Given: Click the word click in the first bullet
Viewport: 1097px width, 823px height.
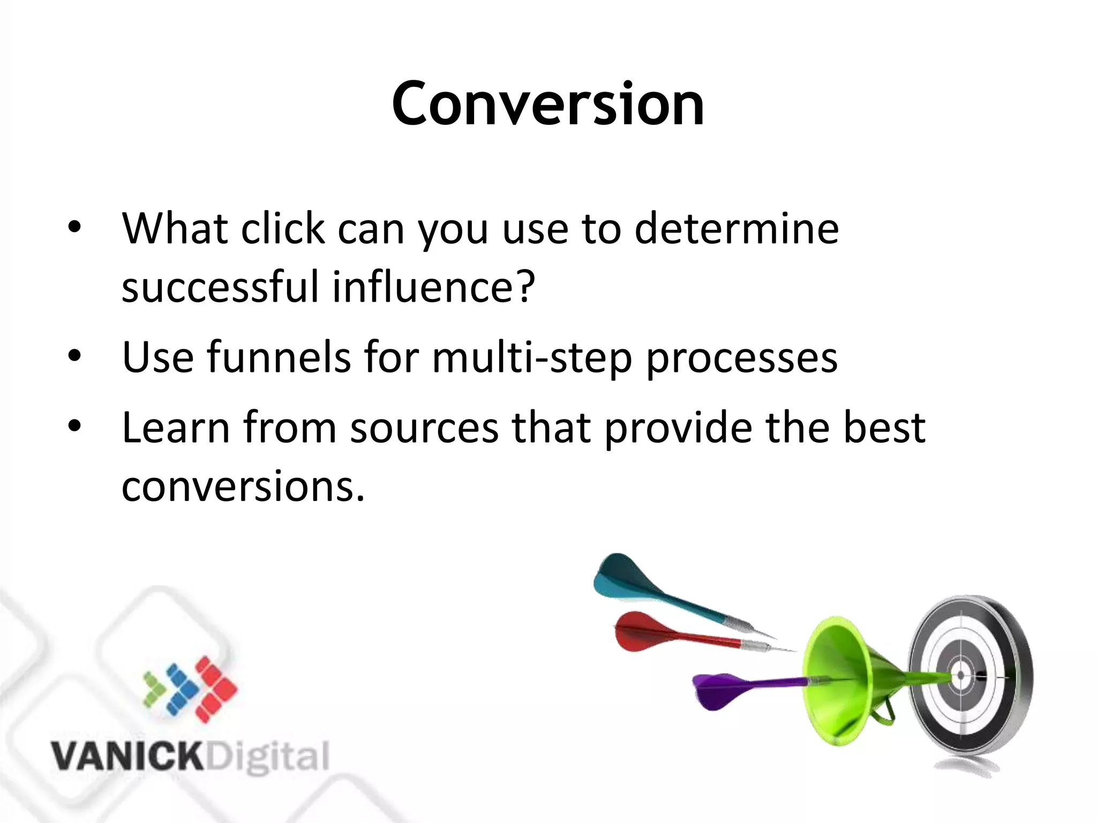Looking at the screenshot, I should [x=282, y=229].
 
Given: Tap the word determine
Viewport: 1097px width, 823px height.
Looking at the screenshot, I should [x=737, y=229].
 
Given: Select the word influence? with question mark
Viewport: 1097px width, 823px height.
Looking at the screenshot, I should [x=433, y=287].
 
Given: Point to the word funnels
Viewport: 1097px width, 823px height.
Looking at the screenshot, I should [x=279, y=357].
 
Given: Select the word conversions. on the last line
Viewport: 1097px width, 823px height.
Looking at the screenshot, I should [x=243, y=487].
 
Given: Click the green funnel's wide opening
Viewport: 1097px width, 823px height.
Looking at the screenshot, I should [x=828, y=680].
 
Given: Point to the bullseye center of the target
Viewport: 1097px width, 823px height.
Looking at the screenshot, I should [x=960, y=676].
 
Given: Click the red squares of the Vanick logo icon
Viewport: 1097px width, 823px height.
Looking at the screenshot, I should [x=215, y=689].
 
